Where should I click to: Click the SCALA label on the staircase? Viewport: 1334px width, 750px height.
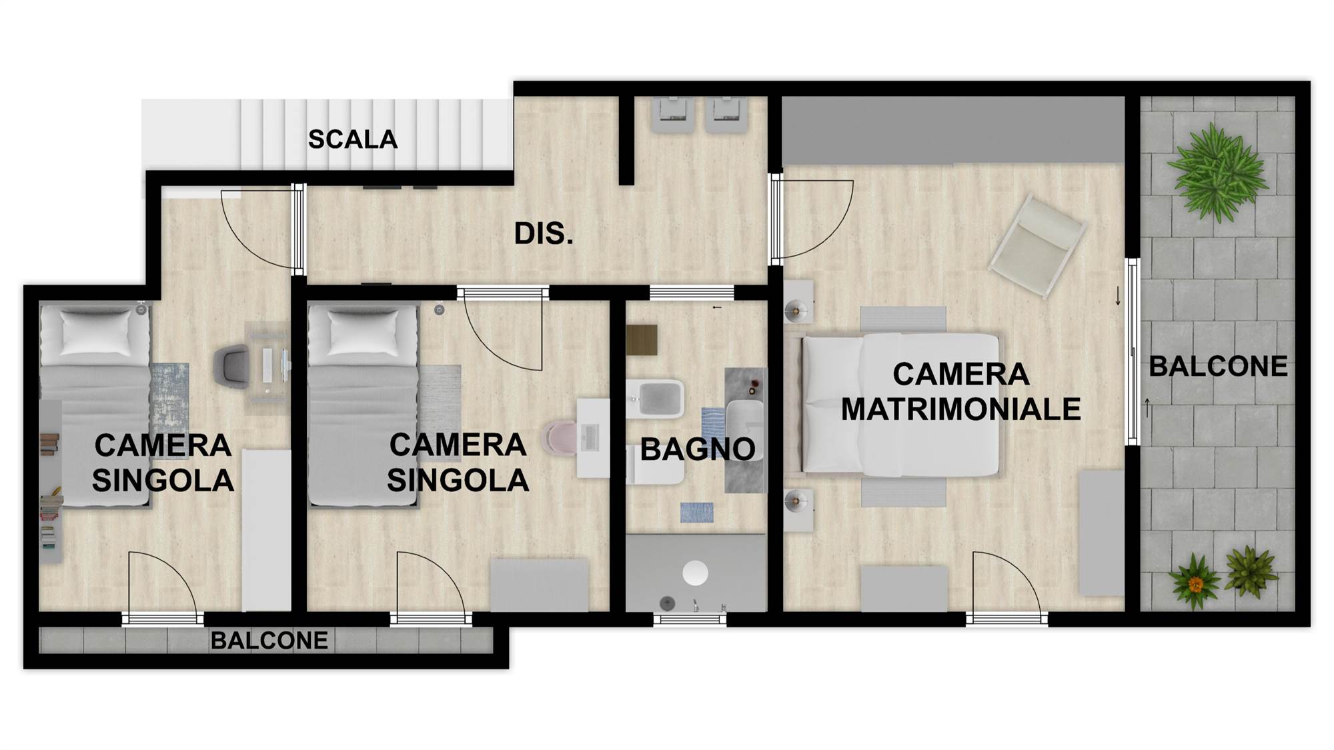pyautogui.click(x=352, y=139)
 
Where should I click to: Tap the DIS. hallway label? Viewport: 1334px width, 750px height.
pyautogui.click(x=543, y=234)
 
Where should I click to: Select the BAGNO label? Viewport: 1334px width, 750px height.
pyautogui.click(x=698, y=449)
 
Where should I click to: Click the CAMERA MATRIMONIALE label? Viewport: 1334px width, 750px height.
pyautogui.click(x=960, y=391)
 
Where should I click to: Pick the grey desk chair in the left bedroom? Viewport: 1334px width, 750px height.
pyautogui.click(x=231, y=367)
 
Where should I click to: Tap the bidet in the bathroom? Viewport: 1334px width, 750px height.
pyautogui.click(x=654, y=398)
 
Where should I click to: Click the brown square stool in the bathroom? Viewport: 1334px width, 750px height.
pyautogui.click(x=642, y=340)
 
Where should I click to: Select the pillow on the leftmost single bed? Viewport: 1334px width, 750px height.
pyautogui.click(x=95, y=332)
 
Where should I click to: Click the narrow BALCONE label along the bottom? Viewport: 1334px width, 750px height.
pyautogui.click(x=269, y=641)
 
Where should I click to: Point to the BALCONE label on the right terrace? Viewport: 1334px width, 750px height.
pyautogui.click(x=1218, y=366)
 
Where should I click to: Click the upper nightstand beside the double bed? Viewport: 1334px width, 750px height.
pyautogui.click(x=798, y=302)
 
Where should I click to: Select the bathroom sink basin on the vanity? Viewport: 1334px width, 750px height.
pyautogui.click(x=744, y=422)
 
